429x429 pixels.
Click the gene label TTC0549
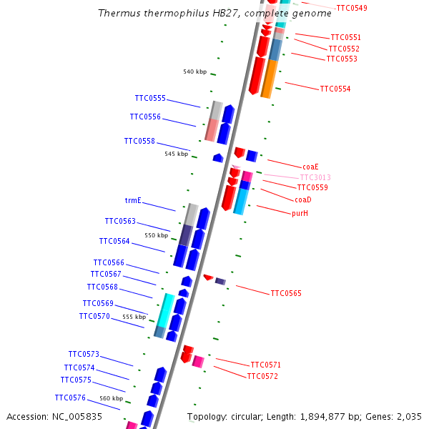351,8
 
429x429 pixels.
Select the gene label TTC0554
335,89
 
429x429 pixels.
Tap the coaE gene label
310,167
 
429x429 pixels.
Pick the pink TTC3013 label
315,177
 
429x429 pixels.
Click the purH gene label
300,213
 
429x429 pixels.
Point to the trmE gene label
134,201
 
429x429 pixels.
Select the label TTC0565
286,293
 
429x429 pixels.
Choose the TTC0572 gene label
262,376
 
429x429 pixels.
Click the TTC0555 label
150,99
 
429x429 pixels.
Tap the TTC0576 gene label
70,398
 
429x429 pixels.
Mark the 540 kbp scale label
194,71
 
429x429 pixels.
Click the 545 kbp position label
176,154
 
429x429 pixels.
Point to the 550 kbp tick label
156,235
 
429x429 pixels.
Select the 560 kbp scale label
111,398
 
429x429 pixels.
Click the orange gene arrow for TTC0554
269,79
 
